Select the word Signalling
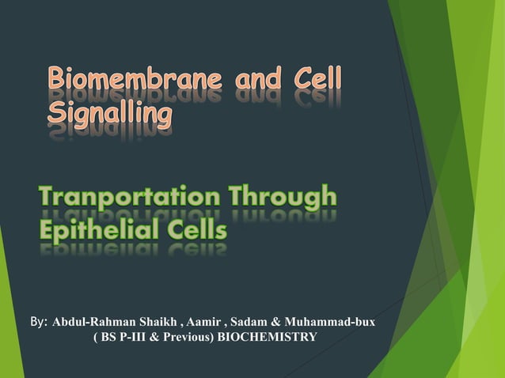click(109, 116)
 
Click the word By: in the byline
click(38, 322)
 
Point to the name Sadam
click(249, 323)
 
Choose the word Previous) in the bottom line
click(188, 338)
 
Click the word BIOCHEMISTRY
click(268, 338)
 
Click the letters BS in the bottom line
click(107, 338)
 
